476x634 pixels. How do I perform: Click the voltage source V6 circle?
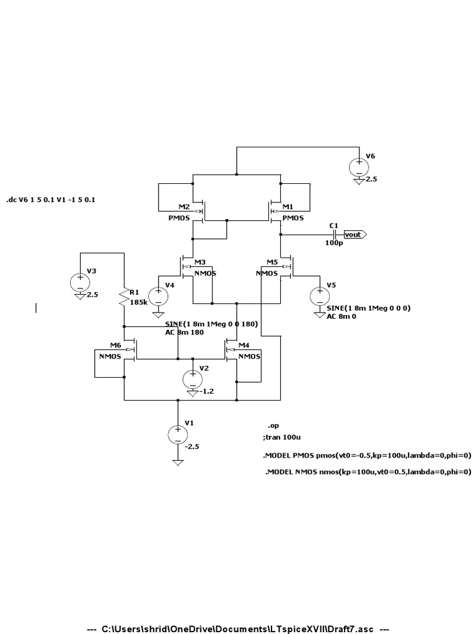click(x=359, y=167)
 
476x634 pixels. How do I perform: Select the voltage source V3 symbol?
click(x=80, y=282)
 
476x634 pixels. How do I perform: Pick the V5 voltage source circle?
click(x=320, y=296)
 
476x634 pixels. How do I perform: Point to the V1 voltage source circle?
click(x=178, y=434)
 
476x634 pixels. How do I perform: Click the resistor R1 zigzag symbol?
click(x=125, y=298)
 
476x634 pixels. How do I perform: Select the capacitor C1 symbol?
click(x=334, y=235)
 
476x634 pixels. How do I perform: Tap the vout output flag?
click(x=355, y=235)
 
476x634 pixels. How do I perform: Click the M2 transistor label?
click(x=184, y=206)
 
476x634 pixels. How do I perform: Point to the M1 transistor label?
click(x=288, y=206)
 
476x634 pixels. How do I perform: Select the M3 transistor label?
click(x=200, y=262)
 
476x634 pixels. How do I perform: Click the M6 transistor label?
click(x=115, y=345)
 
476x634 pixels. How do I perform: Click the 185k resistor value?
click(x=139, y=303)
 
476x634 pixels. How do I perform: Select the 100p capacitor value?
click(x=333, y=243)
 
